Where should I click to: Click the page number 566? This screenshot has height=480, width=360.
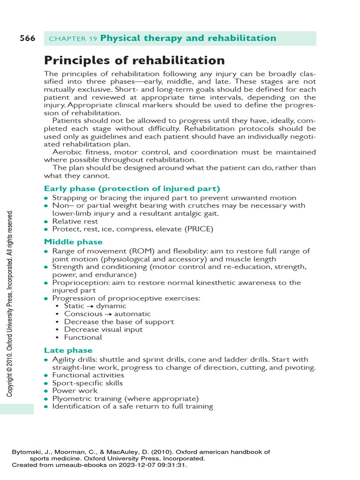pos(27,38)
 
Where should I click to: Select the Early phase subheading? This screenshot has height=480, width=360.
pos(132,188)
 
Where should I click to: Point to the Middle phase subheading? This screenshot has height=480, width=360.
pos(73,242)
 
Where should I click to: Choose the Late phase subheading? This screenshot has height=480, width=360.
pos(68,350)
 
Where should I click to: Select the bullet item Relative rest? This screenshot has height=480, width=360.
pos(75,221)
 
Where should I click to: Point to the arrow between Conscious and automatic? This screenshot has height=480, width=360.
pos(109,314)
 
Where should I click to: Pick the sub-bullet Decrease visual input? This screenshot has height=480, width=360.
pos(103,330)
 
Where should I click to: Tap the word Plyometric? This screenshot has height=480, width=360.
pos(71,398)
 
